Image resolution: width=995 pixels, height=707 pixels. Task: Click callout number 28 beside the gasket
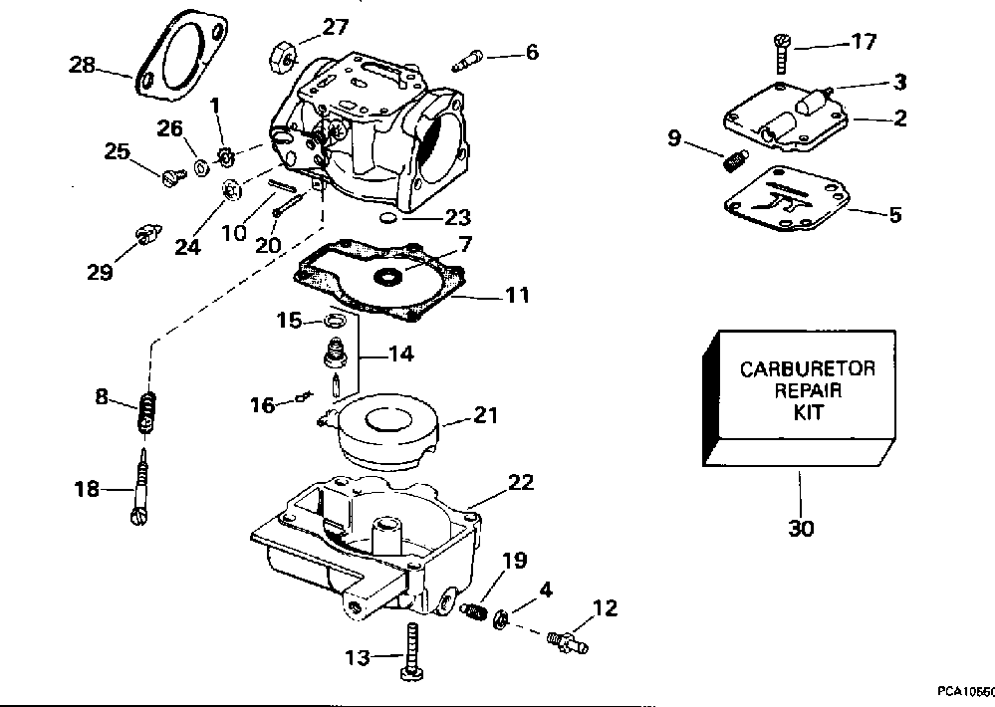tap(82, 65)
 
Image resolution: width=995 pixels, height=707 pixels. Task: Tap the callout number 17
tap(864, 42)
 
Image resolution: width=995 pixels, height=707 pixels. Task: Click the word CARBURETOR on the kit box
tap(807, 368)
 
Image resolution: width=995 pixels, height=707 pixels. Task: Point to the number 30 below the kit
tap(801, 528)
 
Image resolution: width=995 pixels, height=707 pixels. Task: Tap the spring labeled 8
tap(146, 412)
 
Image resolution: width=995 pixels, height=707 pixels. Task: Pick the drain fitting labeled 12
tap(568, 641)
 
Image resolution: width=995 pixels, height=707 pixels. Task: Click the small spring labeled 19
tap(474, 610)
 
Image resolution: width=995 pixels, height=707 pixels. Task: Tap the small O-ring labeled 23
tap(388, 219)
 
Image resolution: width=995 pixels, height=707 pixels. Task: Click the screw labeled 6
tap(467, 61)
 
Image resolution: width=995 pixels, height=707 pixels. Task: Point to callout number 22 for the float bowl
tap(522, 483)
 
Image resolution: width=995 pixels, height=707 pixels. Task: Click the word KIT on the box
tap(808, 412)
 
